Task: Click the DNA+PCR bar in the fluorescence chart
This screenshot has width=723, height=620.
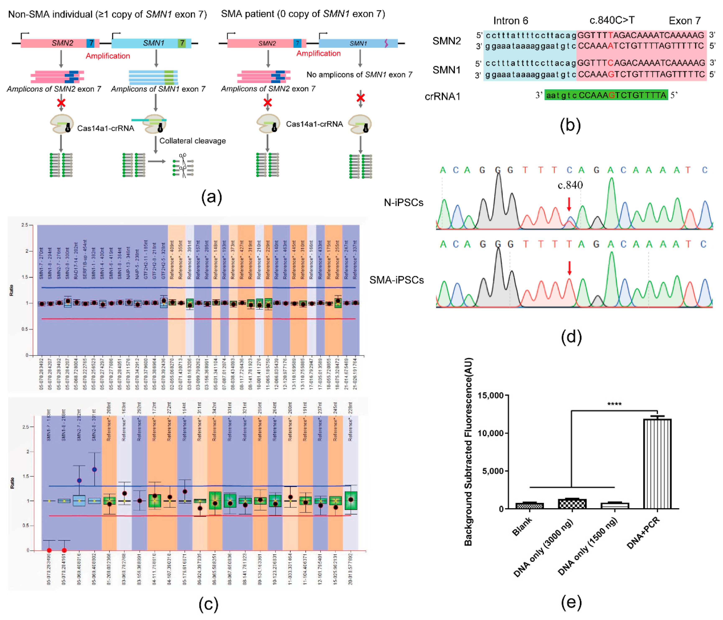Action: click(x=657, y=463)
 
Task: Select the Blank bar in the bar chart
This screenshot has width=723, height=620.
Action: click(x=529, y=505)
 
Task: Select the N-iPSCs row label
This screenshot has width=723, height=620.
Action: click(x=403, y=202)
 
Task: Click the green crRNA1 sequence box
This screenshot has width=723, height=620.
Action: click(x=606, y=95)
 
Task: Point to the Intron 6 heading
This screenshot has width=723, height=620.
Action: click(x=510, y=21)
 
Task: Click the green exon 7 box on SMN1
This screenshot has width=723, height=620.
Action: click(x=182, y=43)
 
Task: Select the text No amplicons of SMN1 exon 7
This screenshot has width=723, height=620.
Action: click(x=359, y=75)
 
